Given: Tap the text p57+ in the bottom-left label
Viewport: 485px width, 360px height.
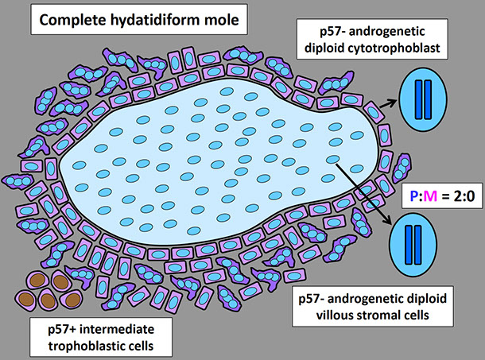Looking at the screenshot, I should (48, 326).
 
